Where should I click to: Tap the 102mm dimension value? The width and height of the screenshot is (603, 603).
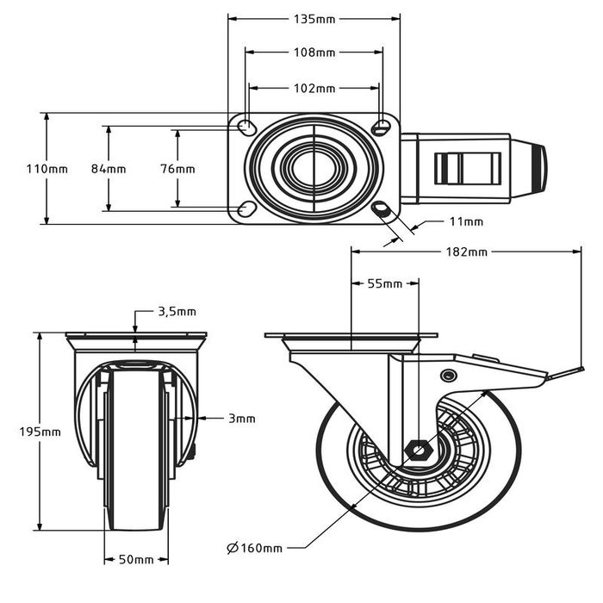314,87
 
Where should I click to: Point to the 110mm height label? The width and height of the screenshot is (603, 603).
47,169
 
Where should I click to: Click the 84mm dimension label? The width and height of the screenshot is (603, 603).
109,169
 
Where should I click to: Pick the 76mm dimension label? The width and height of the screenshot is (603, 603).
177,169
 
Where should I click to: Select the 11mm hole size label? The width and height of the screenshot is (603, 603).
466,221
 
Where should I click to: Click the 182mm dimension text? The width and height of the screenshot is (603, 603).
466,252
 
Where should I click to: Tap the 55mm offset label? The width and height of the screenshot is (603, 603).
385,283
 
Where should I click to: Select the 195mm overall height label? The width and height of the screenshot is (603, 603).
40,432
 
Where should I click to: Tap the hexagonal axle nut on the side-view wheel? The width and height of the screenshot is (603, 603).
417,449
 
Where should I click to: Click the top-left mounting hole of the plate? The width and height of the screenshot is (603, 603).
246,127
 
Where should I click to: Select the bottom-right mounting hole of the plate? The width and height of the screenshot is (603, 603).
382,209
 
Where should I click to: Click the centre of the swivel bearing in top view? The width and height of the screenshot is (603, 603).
314,168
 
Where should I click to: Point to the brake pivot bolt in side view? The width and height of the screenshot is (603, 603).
448,375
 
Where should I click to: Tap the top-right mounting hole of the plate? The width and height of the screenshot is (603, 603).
382,127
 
